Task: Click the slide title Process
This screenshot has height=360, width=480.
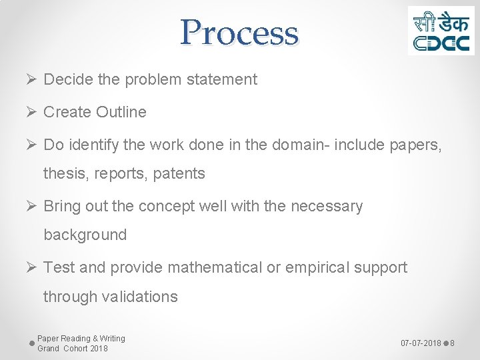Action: click(239, 32)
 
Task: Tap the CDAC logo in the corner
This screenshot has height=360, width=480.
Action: click(441, 31)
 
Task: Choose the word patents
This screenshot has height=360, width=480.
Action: click(179, 174)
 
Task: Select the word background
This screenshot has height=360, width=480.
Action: click(85, 235)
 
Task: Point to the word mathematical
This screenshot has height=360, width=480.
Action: click(215, 267)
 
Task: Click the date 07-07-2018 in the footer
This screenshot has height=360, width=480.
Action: click(421, 343)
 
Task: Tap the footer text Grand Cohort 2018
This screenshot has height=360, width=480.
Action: click(72, 349)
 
